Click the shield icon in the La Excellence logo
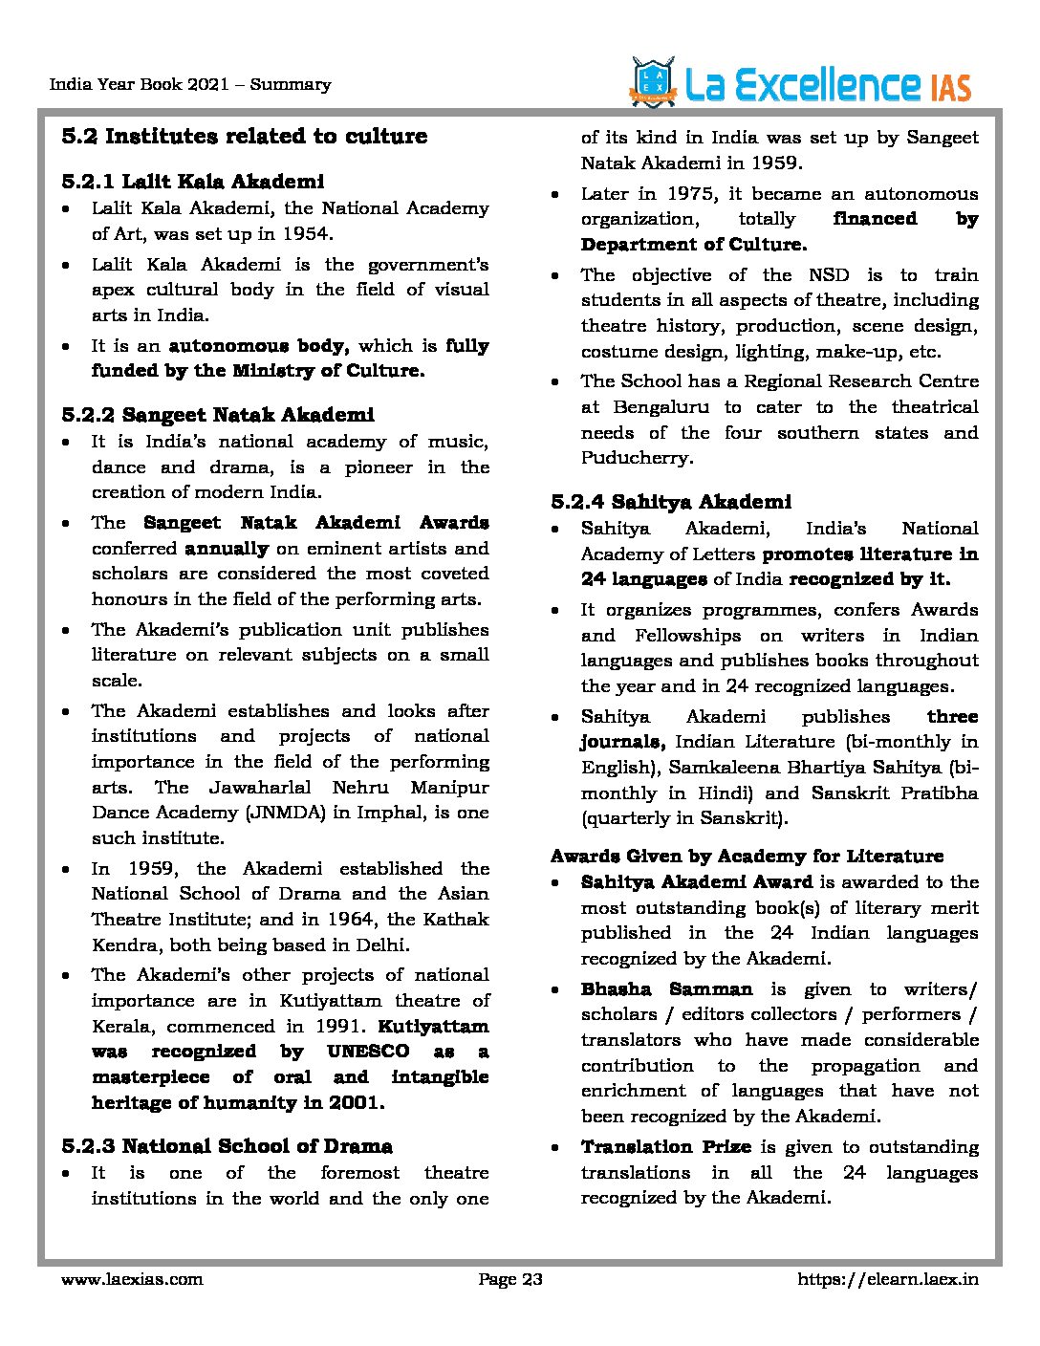[655, 81]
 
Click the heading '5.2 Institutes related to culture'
[244, 137]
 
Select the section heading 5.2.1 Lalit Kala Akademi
[192, 182]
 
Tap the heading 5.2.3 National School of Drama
[227, 1146]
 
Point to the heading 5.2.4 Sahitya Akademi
[670, 502]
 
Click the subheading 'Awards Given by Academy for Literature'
[747, 856]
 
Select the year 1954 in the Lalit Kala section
[305, 233]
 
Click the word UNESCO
[368, 1052]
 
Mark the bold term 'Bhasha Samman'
[666, 989]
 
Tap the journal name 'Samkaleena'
[723, 768]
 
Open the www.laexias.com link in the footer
[132, 1279]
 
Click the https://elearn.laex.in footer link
[887, 1279]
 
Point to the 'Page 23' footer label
[510, 1279]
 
